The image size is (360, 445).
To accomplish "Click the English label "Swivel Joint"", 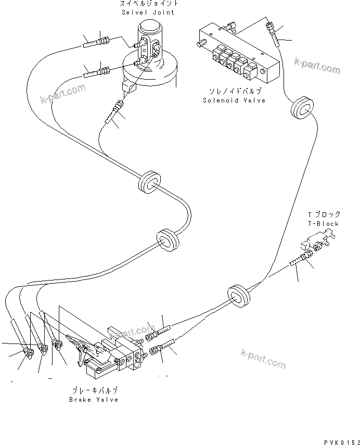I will click(x=148, y=12).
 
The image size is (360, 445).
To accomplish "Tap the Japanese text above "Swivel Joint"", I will click(x=148, y=4).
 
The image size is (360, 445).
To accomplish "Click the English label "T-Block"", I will click(x=323, y=224).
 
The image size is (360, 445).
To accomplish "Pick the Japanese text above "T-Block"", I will click(x=324, y=214).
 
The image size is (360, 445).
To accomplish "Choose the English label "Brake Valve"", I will click(x=94, y=400).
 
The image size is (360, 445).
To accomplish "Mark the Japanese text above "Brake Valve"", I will click(x=94, y=390).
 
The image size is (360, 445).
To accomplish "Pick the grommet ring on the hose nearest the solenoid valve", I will click(x=302, y=108).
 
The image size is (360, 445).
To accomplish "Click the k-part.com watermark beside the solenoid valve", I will click(x=316, y=67).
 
